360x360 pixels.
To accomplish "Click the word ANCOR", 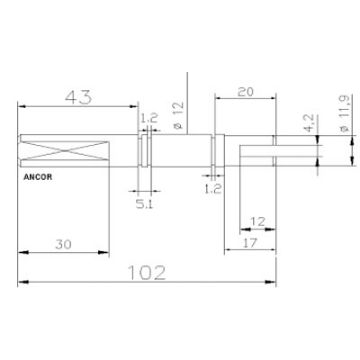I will pyautogui.click(x=36, y=183).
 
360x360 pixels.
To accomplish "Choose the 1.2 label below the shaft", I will pyautogui.click(x=212, y=187).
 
